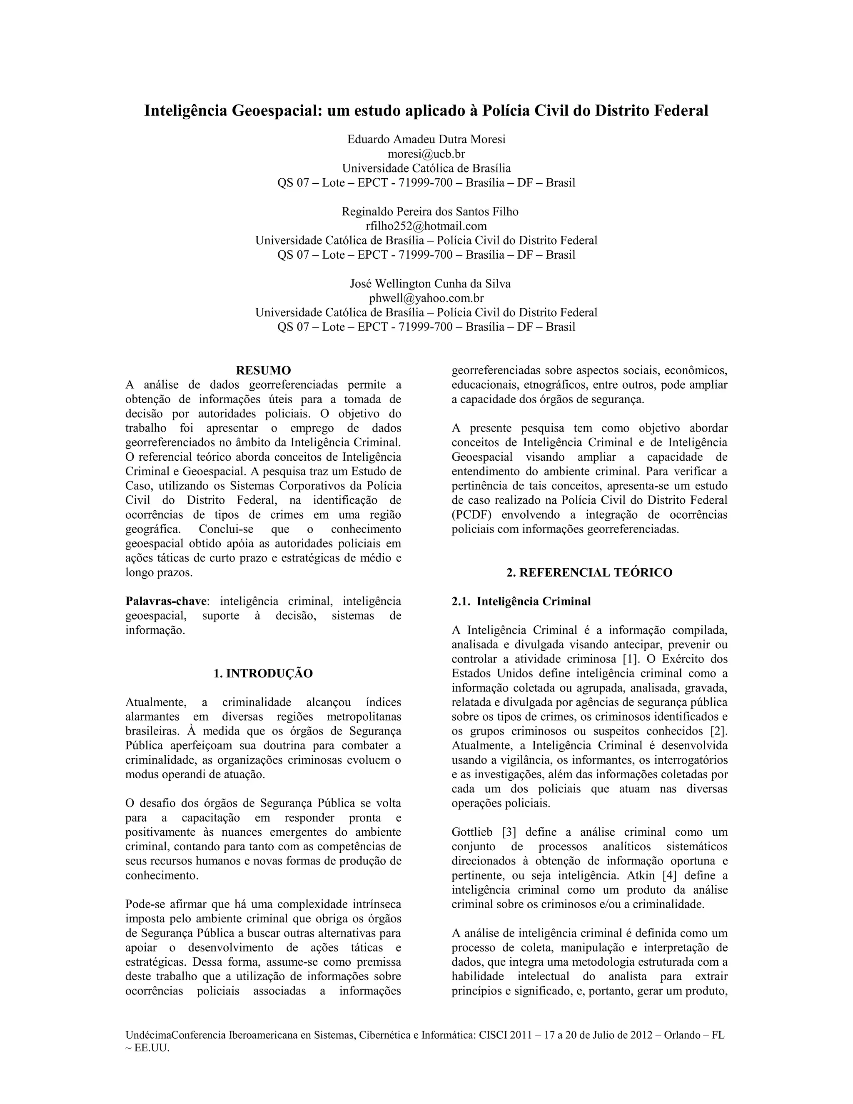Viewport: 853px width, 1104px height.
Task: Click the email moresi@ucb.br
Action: pos(426,154)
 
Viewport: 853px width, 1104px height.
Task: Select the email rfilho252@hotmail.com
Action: pos(426,226)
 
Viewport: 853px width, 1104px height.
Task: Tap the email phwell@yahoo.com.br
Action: pos(426,298)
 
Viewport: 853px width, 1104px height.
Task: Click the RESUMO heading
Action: pos(263,370)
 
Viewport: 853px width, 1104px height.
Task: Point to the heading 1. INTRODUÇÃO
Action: pos(263,673)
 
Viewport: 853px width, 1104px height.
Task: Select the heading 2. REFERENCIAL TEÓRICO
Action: pos(589,572)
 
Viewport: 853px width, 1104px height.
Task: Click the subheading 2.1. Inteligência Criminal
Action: pos(521,602)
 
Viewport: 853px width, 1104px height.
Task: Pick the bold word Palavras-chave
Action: pos(166,602)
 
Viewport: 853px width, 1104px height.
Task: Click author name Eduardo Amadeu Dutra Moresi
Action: pos(426,139)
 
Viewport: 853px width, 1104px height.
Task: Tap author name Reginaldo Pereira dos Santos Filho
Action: pos(430,211)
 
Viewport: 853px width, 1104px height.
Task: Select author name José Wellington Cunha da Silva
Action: pos(430,284)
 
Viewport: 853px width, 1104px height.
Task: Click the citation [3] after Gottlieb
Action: pos(507,832)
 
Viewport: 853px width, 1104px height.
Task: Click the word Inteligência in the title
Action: pos(185,110)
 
